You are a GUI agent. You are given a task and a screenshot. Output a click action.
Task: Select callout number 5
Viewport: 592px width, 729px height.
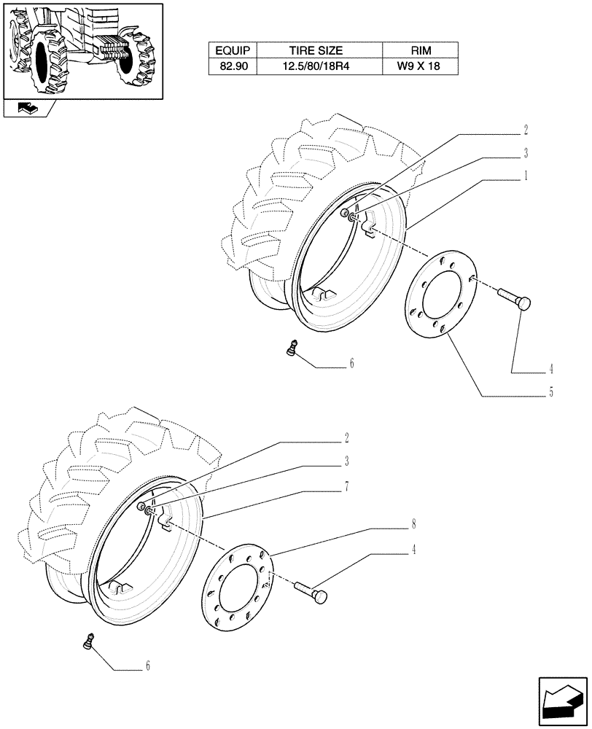(551, 393)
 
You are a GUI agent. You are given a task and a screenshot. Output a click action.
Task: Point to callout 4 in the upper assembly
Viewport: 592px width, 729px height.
(551, 368)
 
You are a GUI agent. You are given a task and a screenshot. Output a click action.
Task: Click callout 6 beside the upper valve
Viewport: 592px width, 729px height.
(351, 363)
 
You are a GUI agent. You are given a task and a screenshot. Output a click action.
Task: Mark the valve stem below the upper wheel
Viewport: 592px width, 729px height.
(292, 348)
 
